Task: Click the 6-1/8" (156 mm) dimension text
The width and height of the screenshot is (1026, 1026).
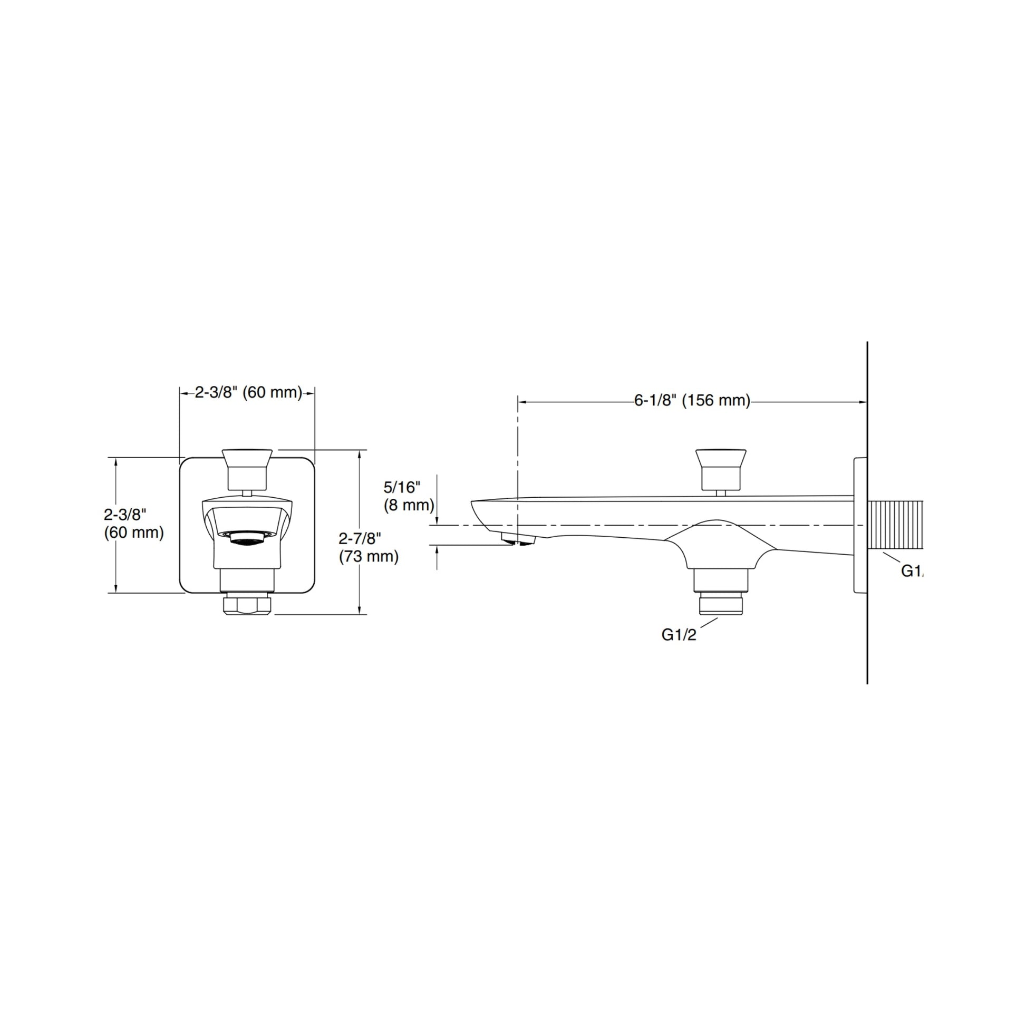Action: (692, 400)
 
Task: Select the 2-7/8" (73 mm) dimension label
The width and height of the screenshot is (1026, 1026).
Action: (368, 547)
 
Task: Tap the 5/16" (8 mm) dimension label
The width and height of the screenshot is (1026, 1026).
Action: (409, 496)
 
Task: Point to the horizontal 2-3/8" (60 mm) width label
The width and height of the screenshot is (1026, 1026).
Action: (248, 392)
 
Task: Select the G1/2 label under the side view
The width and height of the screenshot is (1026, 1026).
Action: (678, 635)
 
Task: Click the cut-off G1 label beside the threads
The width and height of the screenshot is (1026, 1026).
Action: (912, 571)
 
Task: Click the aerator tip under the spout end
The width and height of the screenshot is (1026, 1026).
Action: (518, 539)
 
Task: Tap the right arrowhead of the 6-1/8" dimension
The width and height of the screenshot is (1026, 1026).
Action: (863, 402)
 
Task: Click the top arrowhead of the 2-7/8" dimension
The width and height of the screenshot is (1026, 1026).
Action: (360, 454)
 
